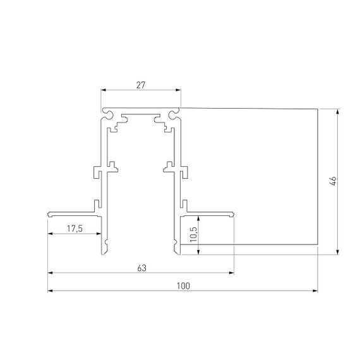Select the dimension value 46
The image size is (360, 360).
pyautogui.click(x=332, y=181)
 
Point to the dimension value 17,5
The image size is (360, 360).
pyautogui.click(x=75, y=228)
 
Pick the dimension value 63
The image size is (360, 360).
pyautogui.click(x=141, y=268)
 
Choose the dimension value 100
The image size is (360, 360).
pyautogui.click(x=183, y=285)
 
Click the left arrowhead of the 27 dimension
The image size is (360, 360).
pyautogui.click(x=104, y=90)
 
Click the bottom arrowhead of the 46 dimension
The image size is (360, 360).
pyautogui.click(x=339, y=252)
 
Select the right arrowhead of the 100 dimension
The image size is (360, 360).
pyautogui.click(x=315, y=291)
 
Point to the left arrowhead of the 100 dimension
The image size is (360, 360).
pyautogui.click(x=51, y=291)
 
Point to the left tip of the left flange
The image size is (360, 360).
pyautogui.click(x=49, y=215)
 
